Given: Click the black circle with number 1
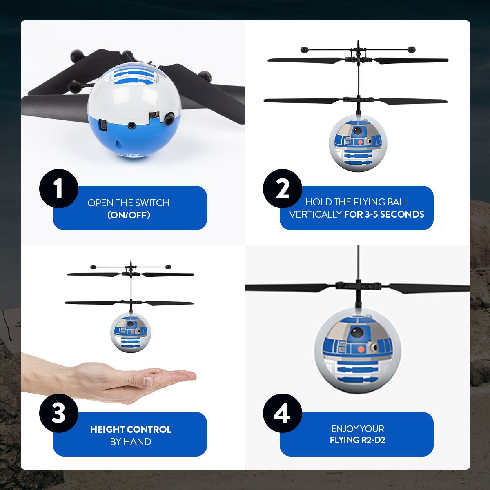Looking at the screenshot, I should [58, 189].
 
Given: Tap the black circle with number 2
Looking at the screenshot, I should [282, 189].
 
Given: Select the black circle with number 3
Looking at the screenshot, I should [58, 413].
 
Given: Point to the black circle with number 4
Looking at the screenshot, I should [282, 413].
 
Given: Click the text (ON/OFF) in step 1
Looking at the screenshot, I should [129, 215].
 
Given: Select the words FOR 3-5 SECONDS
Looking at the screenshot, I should [384, 214].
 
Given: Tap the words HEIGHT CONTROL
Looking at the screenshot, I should [131, 429].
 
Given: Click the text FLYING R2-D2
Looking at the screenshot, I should [357, 440].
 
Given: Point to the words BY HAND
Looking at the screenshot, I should [131, 441].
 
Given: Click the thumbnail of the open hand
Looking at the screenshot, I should [148, 382].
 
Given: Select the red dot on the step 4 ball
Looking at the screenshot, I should [361, 349].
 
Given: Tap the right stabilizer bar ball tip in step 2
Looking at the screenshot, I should [411, 50].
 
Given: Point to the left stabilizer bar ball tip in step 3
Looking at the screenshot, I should [94, 267].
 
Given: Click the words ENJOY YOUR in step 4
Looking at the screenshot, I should [357, 429].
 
